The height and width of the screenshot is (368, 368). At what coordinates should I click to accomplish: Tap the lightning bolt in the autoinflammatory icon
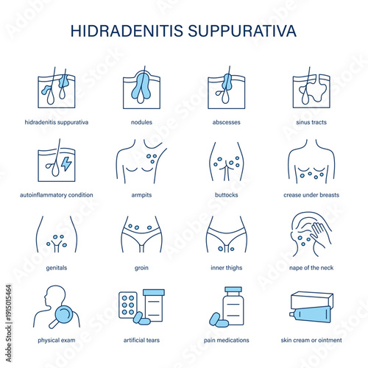[x=66, y=163]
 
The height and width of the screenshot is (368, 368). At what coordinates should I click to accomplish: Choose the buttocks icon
[x=226, y=163]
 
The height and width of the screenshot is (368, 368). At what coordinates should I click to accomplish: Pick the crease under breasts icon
[x=311, y=163]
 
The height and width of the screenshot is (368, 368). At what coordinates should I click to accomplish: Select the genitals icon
[x=56, y=235]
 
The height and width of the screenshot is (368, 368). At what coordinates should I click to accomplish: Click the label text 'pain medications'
[x=226, y=340]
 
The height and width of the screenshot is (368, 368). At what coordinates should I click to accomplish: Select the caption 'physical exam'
[x=56, y=340]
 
